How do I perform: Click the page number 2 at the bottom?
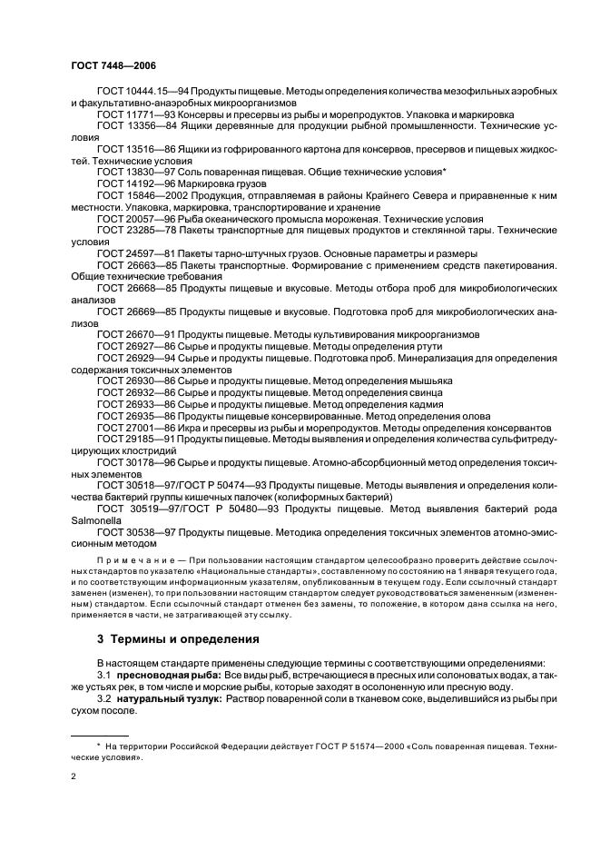point(74,777)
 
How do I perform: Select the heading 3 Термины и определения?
point(178,638)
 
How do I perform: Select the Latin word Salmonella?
point(97,519)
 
